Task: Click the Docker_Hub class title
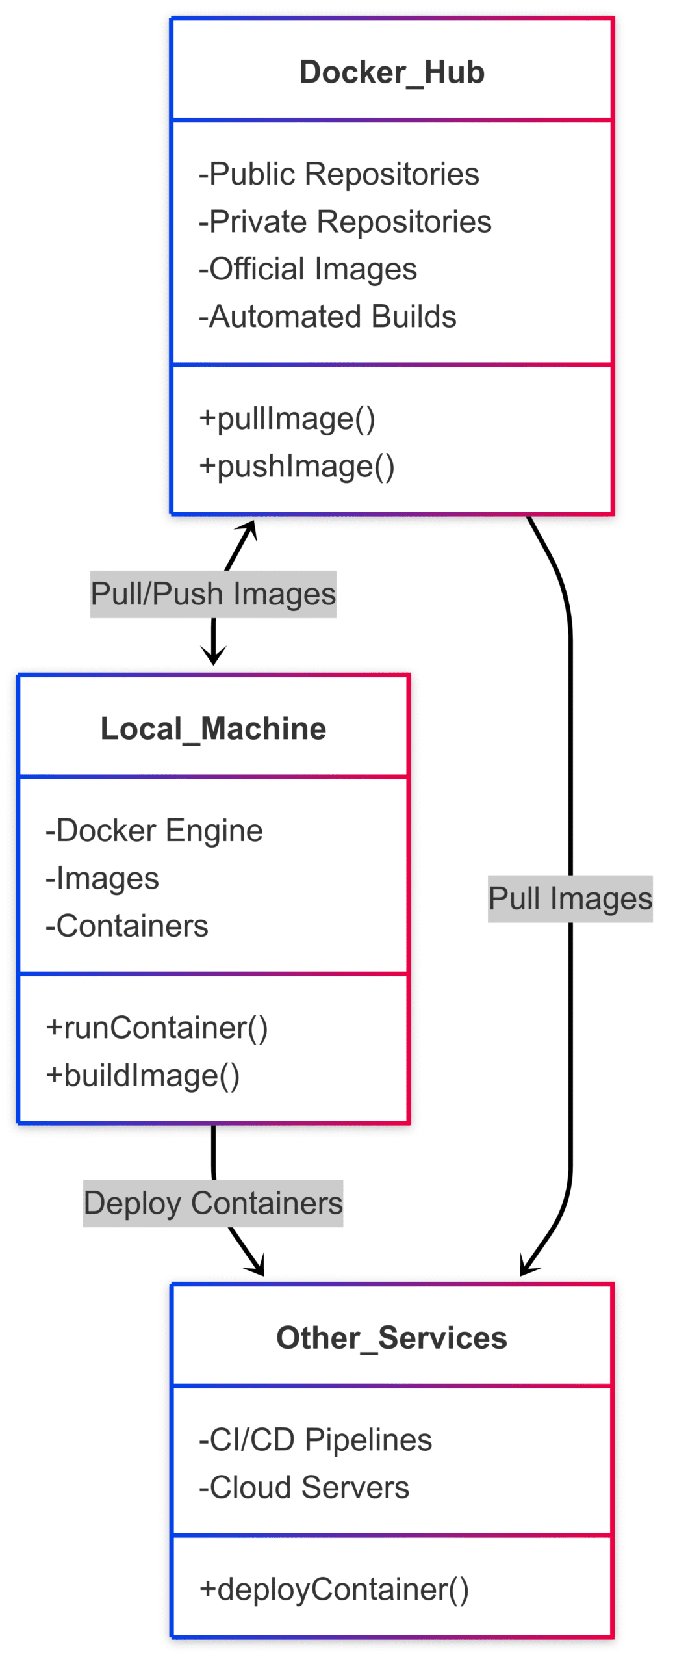point(391,71)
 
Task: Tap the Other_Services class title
point(391,1337)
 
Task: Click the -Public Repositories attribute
point(338,174)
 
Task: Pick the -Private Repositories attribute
point(345,221)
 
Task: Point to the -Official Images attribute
point(307,268)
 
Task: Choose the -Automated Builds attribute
point(327,316)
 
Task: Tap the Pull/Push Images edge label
point(213,593)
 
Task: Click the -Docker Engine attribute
point(154,830)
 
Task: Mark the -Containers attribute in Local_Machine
point(127,925)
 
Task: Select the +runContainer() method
point(157,1027)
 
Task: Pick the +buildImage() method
point(142,1074)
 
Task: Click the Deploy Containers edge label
point(213,1202)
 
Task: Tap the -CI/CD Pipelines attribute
point(315,1439)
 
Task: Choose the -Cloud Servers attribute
point(303,1487)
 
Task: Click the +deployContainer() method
point(333,1589)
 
